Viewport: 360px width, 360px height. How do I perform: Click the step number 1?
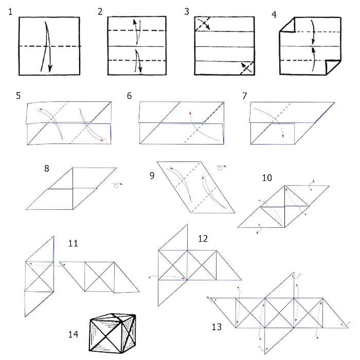coord(10,12)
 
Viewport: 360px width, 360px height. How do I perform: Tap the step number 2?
coord(100,11)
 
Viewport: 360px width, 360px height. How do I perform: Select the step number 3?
coord(187,11)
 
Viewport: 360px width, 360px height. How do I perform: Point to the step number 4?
coord(274,15)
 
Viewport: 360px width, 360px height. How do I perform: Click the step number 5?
coord(19,96)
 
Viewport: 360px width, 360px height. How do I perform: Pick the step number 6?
coord(129,96)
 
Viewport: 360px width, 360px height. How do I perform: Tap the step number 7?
coord(244,96)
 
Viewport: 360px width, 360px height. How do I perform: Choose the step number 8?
coord(47,169)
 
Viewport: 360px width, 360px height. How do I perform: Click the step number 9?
coord(152,176)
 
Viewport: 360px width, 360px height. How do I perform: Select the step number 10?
coord(267,178)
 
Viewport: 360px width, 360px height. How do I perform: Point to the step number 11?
coord(73,243)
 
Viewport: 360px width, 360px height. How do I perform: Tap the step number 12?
coord(203,239)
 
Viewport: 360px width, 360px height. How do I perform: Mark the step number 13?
coord(217,327)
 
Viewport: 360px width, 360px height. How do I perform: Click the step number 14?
coord(73,334)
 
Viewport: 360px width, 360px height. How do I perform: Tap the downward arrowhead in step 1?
coord(50,69)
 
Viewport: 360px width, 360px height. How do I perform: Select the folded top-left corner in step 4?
coord(287,25)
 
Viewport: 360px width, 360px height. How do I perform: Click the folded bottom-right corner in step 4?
coord(333,67)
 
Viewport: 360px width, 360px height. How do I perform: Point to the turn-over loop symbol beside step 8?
coord(117,185)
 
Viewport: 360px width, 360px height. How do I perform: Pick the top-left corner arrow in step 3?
coord(204,24)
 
